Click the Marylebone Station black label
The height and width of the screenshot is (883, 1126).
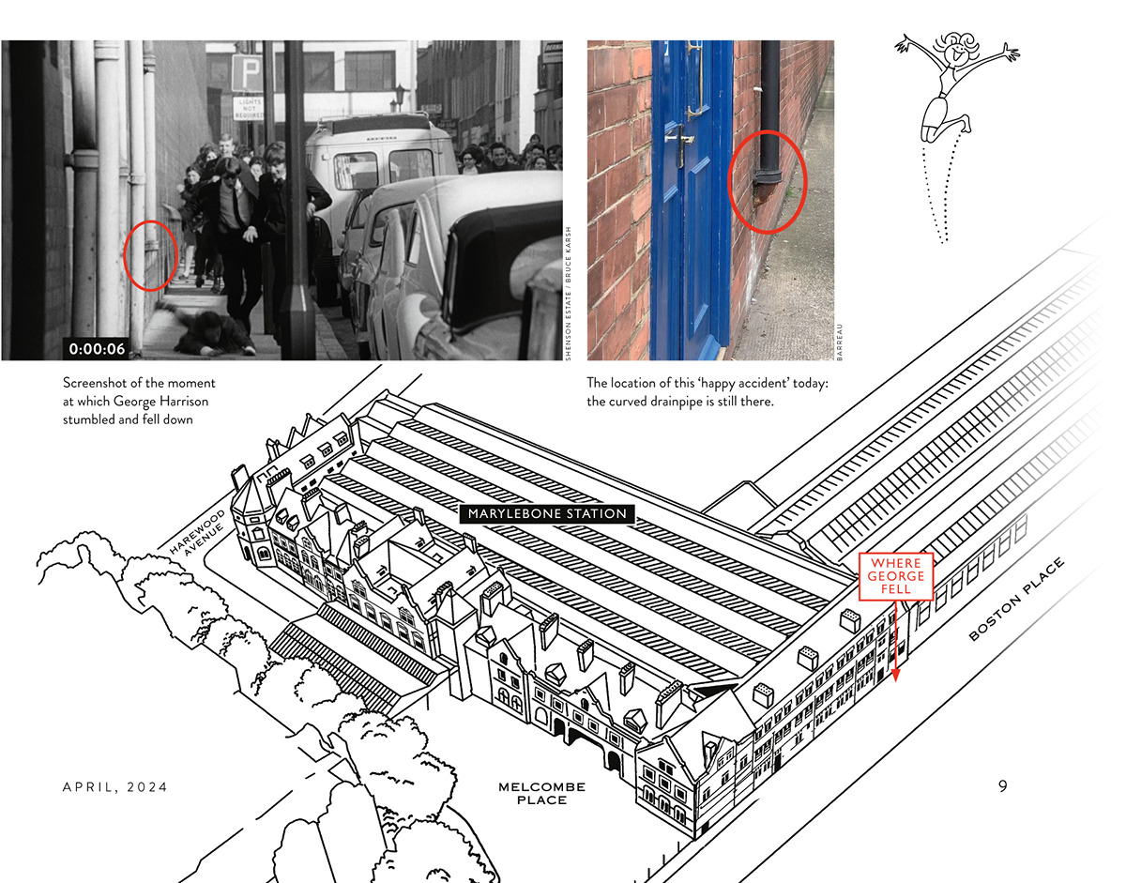[547, 513]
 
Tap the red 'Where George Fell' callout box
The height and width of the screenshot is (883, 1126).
[896, 576]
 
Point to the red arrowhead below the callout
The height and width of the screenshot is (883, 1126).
[895, 675]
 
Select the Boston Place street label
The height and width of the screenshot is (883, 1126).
[1016, 599]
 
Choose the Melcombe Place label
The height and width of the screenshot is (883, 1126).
[542, 793]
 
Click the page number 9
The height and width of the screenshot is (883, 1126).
[1003, 786]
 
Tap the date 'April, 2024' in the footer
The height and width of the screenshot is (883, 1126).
[115, 787]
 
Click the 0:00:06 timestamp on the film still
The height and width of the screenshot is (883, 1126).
[97, 349]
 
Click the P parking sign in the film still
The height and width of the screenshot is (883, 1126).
[247, 73]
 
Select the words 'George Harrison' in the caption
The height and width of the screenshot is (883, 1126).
[160, 401]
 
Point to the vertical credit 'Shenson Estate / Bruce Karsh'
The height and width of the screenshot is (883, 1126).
[568, 294]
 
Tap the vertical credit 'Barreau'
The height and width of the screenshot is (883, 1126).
[840, 342]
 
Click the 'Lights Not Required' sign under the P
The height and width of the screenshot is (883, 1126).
[249, 108]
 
